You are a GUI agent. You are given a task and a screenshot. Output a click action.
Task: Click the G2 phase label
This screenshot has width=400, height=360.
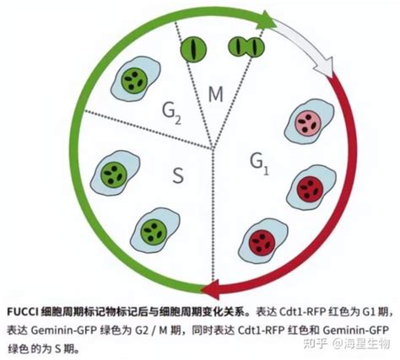click(171, 113)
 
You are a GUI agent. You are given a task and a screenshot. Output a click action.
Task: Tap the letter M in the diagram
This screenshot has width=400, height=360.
click(216, 94)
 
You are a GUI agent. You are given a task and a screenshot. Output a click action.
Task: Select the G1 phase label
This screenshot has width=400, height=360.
click(259, 164)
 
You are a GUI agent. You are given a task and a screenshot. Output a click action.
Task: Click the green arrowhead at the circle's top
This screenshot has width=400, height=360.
click(266, 20)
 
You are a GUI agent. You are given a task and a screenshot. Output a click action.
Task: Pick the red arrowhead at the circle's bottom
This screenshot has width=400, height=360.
click(211, 291)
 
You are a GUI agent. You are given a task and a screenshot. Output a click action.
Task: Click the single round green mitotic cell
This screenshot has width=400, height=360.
click(193, 49)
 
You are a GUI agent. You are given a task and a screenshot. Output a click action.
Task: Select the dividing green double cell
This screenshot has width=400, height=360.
click(246, 46)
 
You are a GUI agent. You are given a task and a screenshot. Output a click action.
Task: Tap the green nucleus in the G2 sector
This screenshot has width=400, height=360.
click(134, 80)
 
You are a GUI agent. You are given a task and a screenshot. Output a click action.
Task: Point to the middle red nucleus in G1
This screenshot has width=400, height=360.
click(310, 189)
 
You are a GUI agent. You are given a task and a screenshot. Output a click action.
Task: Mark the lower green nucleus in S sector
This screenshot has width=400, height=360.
click(154, 232)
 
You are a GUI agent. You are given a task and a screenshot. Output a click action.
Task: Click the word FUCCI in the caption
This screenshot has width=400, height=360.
click(23, 312)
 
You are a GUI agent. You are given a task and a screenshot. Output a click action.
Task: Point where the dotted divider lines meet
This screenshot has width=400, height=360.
click(213, 148)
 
